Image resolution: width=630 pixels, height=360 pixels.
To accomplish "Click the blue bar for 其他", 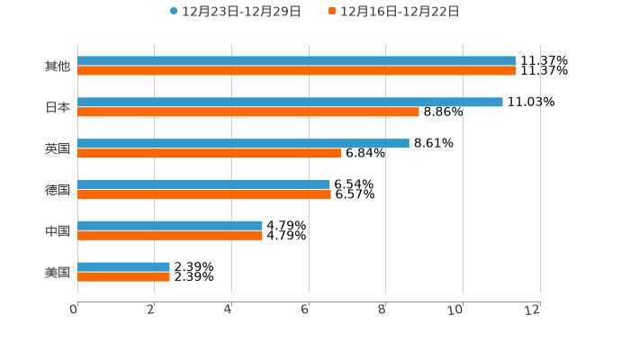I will (297, 61).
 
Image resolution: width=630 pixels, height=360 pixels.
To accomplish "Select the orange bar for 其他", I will (297, 70).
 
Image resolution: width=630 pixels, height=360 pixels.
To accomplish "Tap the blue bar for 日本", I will (290, 103).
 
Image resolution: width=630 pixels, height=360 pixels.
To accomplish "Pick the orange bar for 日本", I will (248, 112).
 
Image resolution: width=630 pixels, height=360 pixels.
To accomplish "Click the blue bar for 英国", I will (243, 143).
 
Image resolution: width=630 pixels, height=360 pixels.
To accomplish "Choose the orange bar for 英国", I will (209, 153).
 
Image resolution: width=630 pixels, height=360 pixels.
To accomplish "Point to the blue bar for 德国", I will (203, 184).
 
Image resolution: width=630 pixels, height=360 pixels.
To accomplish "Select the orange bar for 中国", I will (170, 235).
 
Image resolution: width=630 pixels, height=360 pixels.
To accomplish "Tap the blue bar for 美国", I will (123, 266).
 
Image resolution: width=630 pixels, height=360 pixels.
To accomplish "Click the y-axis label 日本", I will (58, 107).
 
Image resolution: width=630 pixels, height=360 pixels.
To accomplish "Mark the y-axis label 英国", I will (58, 148).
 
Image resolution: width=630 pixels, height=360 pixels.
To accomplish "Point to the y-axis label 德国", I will (58, 190).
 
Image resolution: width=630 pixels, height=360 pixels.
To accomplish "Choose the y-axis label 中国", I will (58, 231).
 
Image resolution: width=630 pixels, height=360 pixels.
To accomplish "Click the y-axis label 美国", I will (58, 272).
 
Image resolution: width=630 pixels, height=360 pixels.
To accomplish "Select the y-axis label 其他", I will (58, 67).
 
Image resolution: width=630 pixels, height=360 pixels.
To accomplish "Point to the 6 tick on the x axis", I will (305, 310).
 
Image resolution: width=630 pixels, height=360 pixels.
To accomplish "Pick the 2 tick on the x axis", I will (150, 310).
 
